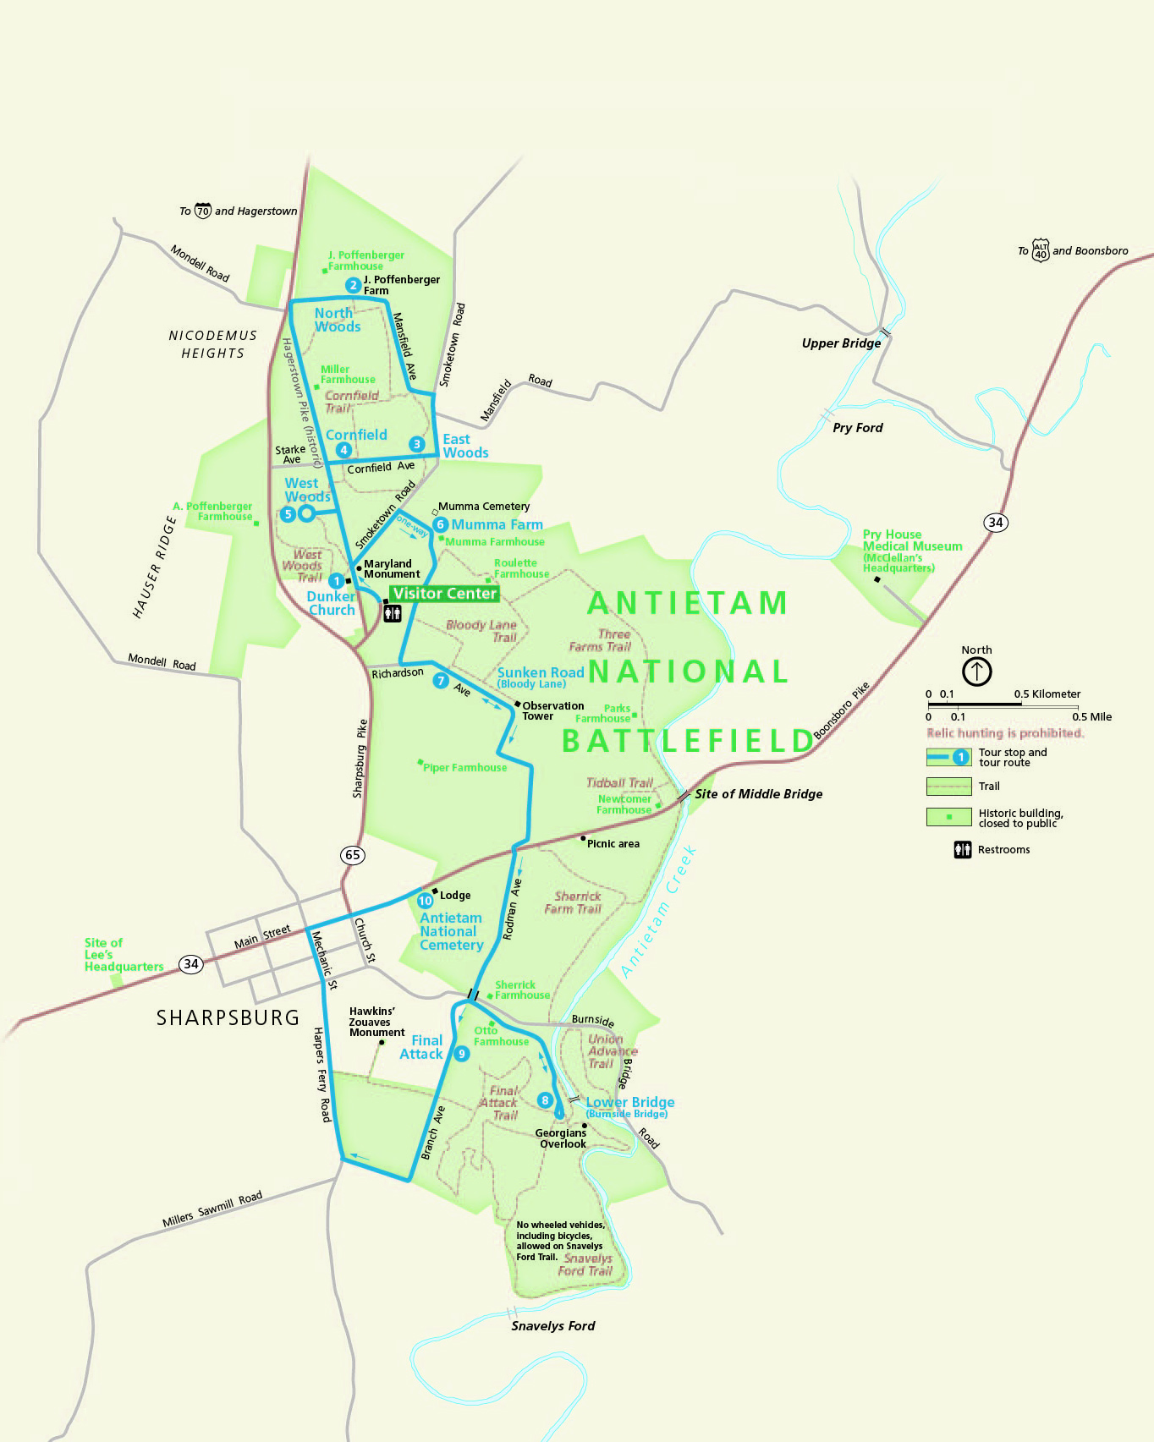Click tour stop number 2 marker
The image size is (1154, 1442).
353,286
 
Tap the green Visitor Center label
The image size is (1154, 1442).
444,594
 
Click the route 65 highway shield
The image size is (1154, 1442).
353,855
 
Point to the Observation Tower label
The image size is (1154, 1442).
552,711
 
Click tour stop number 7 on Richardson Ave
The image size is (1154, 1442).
440,681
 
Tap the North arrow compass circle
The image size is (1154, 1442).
976,672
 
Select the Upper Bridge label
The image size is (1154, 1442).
841,343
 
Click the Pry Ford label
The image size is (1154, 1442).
857,428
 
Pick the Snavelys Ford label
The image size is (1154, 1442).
552,1326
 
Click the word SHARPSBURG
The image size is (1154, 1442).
228,1017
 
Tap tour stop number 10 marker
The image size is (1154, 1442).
425,901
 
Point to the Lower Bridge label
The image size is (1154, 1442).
630,1103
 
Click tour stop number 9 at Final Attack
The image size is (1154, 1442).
461,1054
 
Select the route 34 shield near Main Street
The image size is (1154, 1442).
191,964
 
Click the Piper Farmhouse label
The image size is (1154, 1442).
464,768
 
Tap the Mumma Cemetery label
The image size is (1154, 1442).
484,507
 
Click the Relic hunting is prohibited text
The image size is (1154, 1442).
1005,733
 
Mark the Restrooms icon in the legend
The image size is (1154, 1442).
963,850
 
